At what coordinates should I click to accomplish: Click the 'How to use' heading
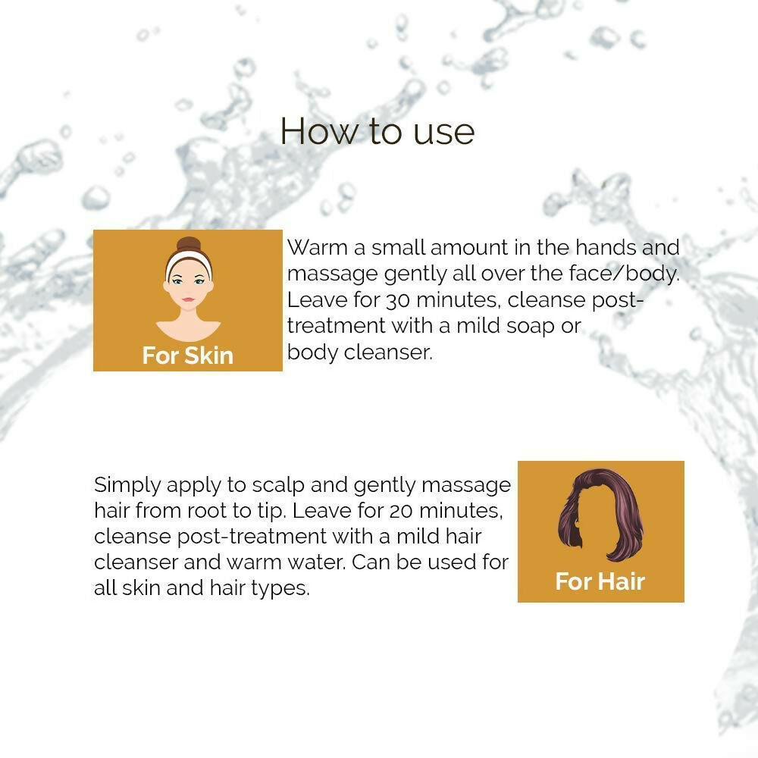(x=377, y=131)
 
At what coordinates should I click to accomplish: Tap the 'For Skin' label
(x=187, y=356)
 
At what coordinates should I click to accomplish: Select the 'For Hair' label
(x=600, y=581)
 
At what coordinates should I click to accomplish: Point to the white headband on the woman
(x=189, y=260)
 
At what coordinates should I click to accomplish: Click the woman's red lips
(x=188, y=299)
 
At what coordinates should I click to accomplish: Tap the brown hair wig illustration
(x=600, y=514)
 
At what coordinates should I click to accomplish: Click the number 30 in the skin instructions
(x=399, y=300)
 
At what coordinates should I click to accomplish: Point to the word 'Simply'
(x=127, y=486)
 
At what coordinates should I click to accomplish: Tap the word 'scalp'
(x=278, y=486)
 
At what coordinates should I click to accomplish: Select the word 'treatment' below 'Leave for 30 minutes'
(x=336, y=326)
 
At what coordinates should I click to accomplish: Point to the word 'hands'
(x=605, y=248)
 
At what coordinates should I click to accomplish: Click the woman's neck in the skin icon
(x=188, y=316)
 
